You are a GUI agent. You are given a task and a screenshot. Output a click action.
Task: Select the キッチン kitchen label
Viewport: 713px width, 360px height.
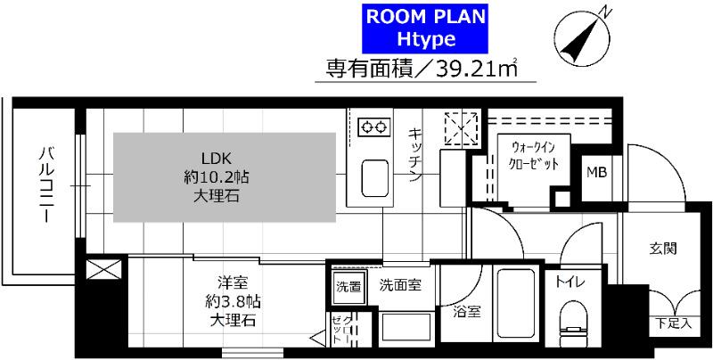click(415, 155)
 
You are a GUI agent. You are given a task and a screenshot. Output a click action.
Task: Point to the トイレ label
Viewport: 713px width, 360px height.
click(570, 282)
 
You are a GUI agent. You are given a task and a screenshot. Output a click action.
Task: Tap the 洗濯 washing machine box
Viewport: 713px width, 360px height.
click(348, 286)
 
